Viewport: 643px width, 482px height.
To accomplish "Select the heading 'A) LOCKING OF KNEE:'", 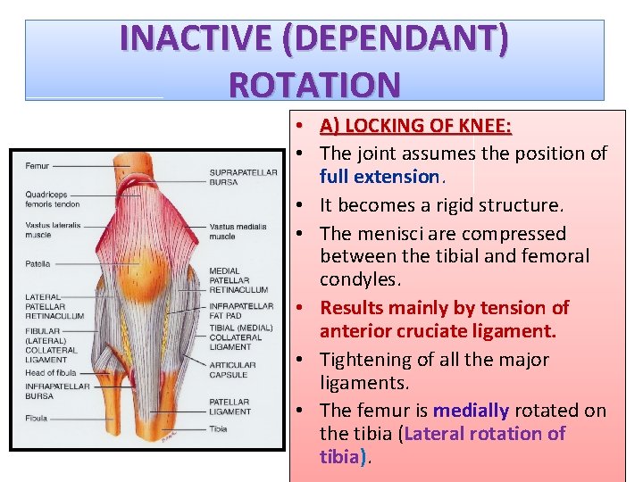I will (415, 126).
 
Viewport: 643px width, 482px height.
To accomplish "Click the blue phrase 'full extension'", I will (380, 176).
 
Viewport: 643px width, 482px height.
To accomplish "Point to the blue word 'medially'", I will (471, 411).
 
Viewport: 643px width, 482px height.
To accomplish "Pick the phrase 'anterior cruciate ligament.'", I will (438, 331).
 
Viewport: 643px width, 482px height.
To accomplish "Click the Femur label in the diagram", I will (38, 166).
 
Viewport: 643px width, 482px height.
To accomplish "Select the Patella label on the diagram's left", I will (38, 264).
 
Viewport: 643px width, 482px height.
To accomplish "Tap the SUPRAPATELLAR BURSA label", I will (243, 178).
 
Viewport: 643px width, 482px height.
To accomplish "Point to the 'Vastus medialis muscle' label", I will (235, 231).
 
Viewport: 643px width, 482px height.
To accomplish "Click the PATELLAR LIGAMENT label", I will (230, 407).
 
